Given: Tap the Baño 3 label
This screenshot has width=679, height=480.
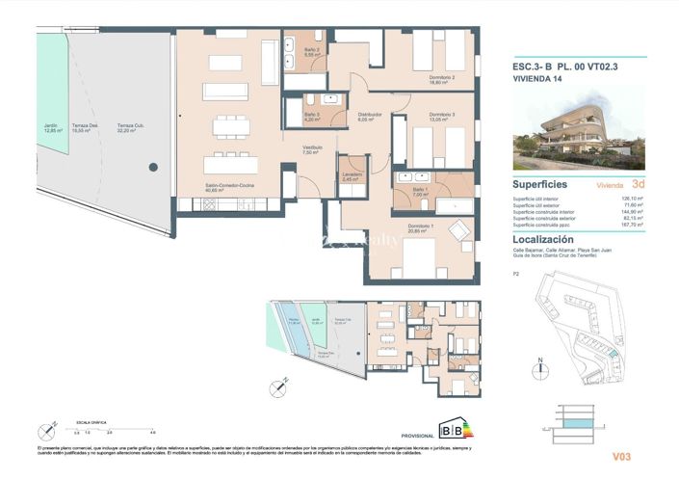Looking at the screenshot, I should tap(311, 117).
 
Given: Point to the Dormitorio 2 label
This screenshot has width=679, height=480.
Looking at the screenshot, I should tap(442, 79).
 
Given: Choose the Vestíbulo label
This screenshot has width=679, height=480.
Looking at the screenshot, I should tap(310, 149).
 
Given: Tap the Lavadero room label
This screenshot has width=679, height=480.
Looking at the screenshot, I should tap(351, 175).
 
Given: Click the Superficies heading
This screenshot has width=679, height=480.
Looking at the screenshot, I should tap(539, 183).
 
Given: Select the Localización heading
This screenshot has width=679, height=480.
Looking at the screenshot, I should tap(543, 239).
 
